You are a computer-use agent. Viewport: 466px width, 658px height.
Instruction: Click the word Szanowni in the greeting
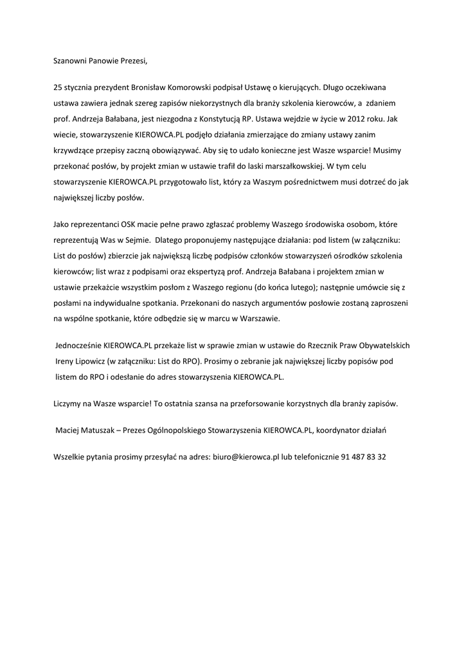point(71,62)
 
